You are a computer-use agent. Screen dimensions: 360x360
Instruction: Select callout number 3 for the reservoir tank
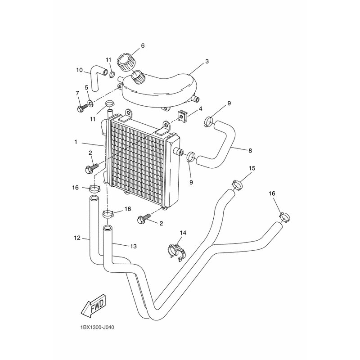coord(207,62)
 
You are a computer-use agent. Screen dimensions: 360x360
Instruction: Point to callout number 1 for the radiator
coord(76,142)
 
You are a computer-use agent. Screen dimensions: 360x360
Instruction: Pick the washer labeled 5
coord(90,103)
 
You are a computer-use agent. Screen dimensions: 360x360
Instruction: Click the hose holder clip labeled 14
coord(177,253)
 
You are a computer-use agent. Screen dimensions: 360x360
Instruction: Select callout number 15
coord(252,168)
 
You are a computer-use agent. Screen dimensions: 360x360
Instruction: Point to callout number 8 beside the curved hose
coord(250,151)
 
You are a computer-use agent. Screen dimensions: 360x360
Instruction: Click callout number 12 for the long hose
coord(77,238)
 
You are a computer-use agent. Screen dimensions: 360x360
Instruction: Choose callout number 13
coord(133,246)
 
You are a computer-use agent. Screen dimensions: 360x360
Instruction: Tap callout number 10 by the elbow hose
coord(80,70)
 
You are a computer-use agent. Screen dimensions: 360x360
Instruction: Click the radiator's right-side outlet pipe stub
coord(178,152)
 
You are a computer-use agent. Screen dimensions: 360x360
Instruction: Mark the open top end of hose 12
coord(94,198)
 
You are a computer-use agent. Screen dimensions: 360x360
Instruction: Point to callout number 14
coord(183,233)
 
